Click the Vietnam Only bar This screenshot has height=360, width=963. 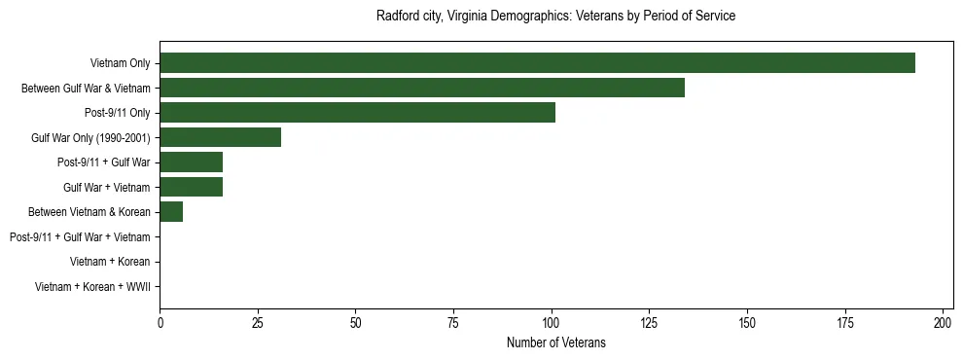(537, 63)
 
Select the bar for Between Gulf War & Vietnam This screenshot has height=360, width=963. (422, 88)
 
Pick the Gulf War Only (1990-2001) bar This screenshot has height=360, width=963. (221, 137)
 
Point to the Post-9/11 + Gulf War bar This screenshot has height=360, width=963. (192, 162)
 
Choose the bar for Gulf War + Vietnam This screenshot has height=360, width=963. (192, 187)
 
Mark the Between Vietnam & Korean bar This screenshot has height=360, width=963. (171, 212)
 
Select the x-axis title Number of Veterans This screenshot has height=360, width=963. (555, 342)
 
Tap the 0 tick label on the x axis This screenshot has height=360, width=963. (160, 322)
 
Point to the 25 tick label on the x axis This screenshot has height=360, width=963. (258, 322)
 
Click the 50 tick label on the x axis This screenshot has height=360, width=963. (356, 322)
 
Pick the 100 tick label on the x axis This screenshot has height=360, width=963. (552, 322)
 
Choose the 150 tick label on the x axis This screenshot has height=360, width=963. (747, 322)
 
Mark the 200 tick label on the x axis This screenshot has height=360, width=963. (943, 322)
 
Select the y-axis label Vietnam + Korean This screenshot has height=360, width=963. (110, 262)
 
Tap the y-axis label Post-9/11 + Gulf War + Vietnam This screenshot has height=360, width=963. (80, 237)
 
